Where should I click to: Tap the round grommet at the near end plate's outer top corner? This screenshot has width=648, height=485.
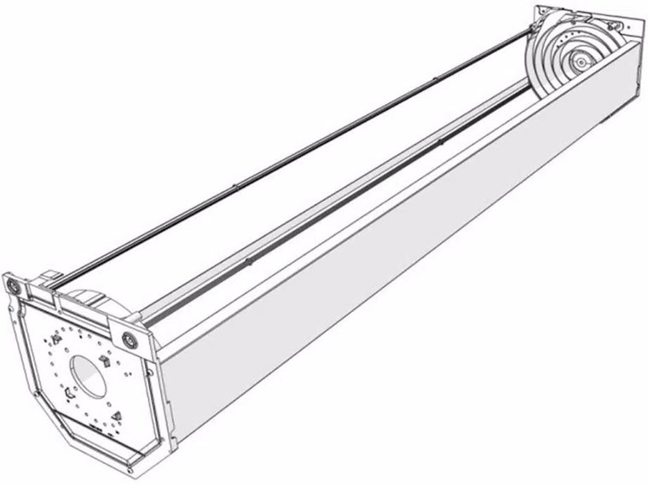13,287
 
